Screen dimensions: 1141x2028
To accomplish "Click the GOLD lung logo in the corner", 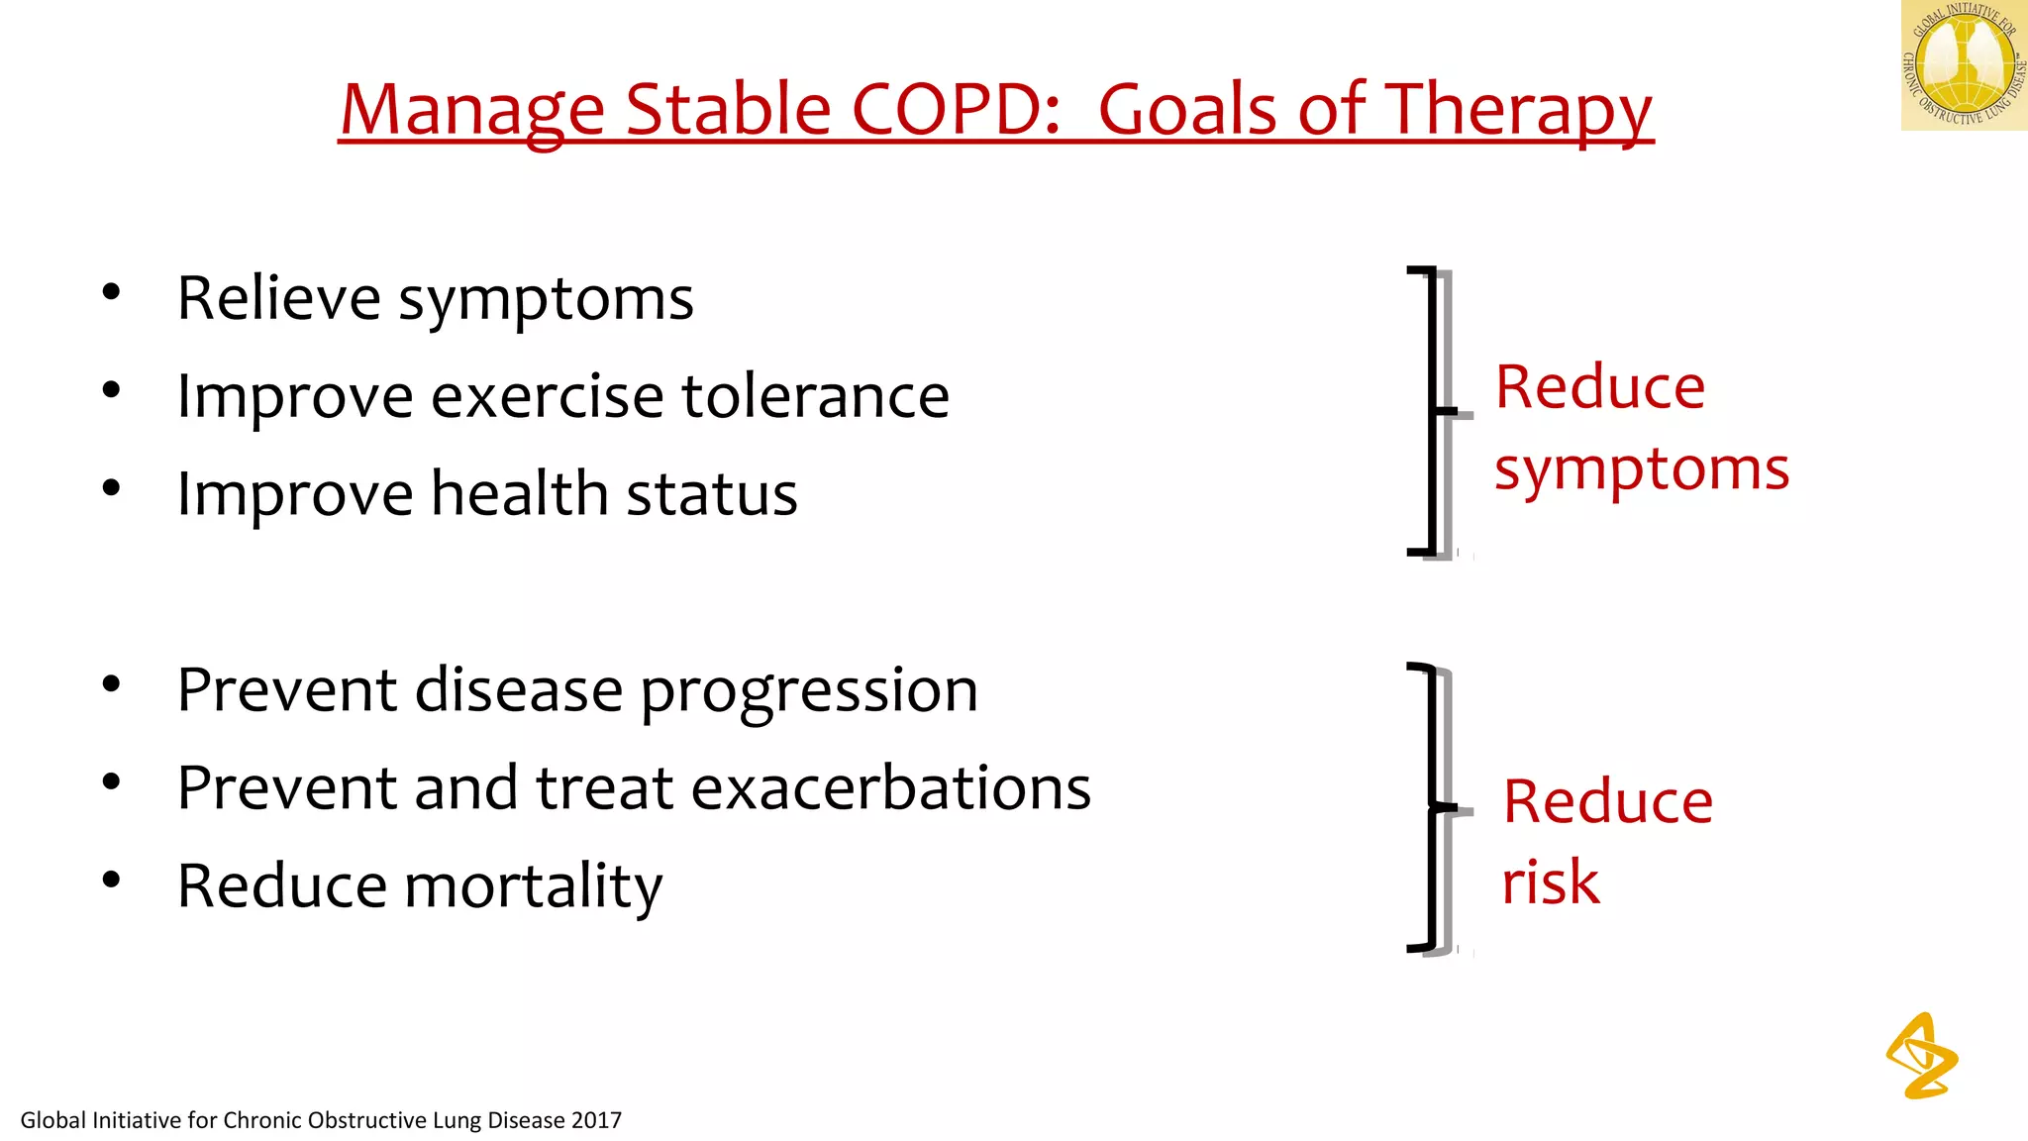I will (1964, 64).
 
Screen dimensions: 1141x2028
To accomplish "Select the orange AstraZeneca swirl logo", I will (1921, 1056).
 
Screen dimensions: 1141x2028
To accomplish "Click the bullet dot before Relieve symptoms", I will (111, 292).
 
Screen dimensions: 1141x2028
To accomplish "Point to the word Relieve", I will (278, 298).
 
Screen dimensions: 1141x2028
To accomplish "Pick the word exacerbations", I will (890, 788).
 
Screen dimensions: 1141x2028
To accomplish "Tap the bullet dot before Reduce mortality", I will (111, 880).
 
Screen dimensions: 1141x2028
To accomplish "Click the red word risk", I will (1550, 882).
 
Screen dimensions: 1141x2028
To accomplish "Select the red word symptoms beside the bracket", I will (1642, 469).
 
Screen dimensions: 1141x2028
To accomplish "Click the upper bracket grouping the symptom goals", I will (1432, 410).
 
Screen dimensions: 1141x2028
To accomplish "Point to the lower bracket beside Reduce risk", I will (1432, 807).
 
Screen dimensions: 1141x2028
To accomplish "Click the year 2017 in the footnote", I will (596, 1120).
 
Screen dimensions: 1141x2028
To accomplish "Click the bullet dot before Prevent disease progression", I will (111, 684).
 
